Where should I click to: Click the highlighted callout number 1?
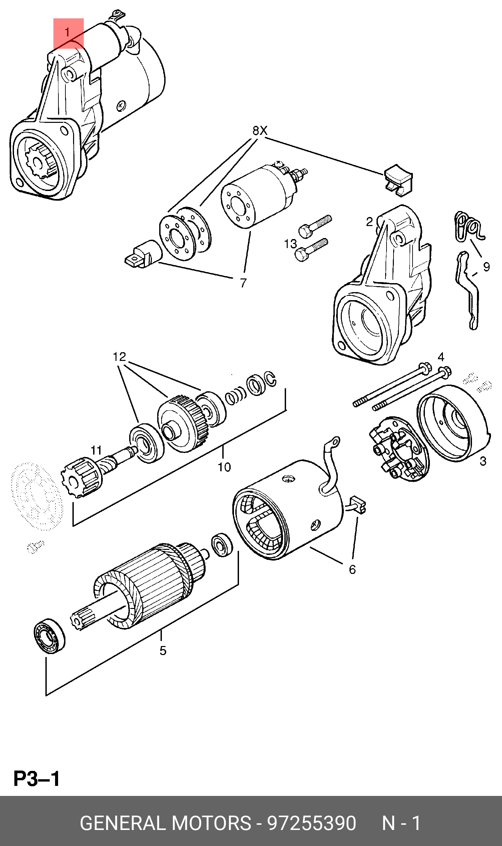(x=68, y=33)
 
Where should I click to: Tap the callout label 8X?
(x=260, y=131)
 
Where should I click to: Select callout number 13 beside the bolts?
(x=290, y=244)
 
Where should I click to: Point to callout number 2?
(x=369, y=222)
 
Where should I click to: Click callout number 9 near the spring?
(x=486, y=267)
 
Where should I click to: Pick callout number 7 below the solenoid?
(x=243, y=283)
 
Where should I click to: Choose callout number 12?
(x=119, y=357)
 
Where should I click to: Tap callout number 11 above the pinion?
(x=96, y=450)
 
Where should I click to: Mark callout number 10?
(x=224, y=467)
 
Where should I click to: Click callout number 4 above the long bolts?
(x=441, y=357)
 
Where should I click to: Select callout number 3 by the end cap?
(x=483, y=461)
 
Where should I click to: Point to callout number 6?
(x=352, y=570)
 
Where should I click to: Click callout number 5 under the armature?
(x=163, y=650)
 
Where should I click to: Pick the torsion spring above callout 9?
(x=470, y=227)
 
